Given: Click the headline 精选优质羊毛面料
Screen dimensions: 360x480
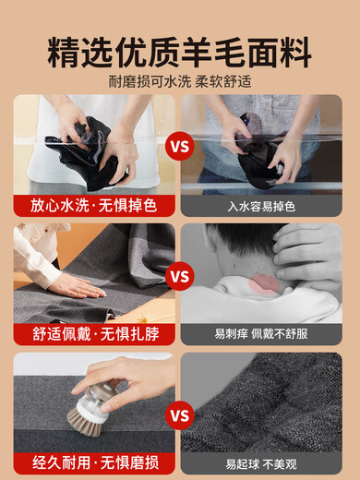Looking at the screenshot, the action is [180, 53].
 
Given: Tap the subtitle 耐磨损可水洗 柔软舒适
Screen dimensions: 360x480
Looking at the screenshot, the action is [180, 82].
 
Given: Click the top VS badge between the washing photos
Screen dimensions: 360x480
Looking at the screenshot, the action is [180, 146].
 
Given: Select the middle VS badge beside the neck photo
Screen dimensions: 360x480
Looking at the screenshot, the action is [180, 276].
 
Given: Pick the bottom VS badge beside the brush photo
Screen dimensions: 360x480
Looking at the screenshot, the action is [180, 415].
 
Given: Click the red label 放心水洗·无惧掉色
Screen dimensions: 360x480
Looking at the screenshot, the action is [94, 205].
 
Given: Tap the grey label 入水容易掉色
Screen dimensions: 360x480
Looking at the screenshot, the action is [261, 206].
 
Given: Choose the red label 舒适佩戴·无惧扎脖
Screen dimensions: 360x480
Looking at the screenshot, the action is [96, 334].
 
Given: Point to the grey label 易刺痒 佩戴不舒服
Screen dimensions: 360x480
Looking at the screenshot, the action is [261, 334].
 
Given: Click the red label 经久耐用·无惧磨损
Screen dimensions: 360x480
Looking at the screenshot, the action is [96, 462].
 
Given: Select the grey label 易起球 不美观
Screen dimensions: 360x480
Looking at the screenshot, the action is [261, 464].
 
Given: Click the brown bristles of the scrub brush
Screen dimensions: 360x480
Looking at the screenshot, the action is [84, 423].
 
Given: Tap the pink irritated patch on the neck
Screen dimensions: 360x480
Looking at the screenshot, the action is [264, 283].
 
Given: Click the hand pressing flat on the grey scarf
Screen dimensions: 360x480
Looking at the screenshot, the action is [77, 286].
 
